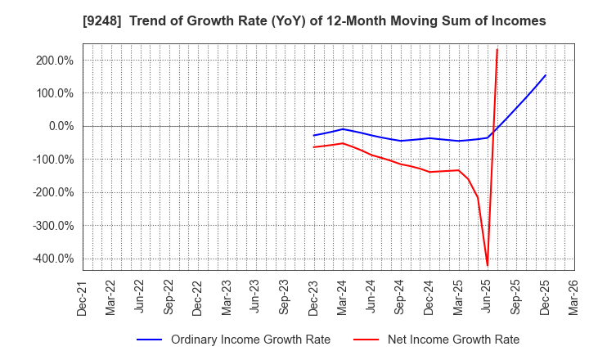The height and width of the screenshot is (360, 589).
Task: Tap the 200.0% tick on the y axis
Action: coord(55,61)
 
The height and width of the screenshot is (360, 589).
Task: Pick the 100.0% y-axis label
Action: coord(55,93)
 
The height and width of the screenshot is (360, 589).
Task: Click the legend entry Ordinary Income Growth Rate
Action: coord(250,340)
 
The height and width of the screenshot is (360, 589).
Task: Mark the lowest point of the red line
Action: coord(488,265)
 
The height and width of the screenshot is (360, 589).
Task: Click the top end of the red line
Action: coord(497,49)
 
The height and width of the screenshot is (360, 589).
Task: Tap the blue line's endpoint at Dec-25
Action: coord(546,75)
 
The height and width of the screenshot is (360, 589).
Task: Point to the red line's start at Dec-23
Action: coord(314,147)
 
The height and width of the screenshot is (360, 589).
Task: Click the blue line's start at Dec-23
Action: coord(314,135)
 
